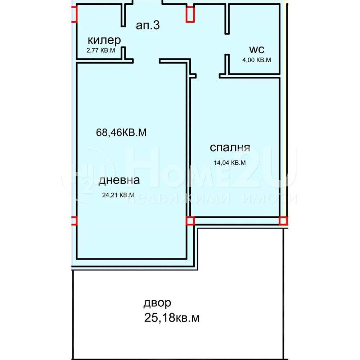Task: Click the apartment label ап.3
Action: coord(148,25)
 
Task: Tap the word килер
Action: coord(104,40)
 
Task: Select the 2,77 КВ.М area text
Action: coord(101,50)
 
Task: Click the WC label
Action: coord(257,49)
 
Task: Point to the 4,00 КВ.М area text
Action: coord(257,60)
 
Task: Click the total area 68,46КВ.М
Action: coord(121,132)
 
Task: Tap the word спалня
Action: coord(230,148)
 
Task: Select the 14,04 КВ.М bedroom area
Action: coord(230,163)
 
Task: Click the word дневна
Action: coord(119,180)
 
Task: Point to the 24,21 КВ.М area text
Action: coord(118,195)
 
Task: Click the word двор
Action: coord(157,303)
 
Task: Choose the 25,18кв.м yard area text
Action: coord(172,318)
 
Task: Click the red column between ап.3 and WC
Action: coord(190,14)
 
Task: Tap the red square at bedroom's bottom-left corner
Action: coord(190,221)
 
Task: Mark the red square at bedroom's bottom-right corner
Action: coord(283,221)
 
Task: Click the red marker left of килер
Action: coord(74,14)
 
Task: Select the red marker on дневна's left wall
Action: coord(74,221)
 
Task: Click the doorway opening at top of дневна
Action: coord(146,61)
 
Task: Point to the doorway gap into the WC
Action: coord(227,44)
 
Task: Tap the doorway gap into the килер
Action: coord(123,37)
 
